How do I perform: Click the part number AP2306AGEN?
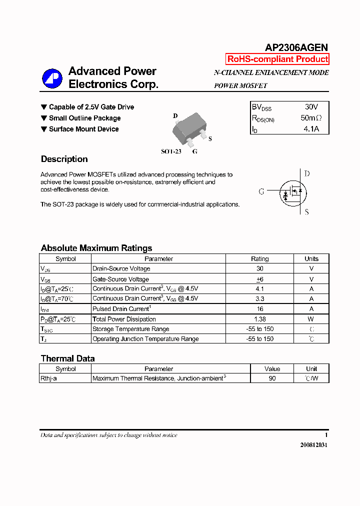click(x=296, y=47)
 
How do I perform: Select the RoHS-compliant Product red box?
click(x=277, y=59)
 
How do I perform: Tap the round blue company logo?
click(x=52, y=78)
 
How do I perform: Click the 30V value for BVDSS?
click(x=311, y=107)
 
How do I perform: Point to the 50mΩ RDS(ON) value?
click(x=311, y=118)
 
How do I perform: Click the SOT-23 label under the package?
click(x=171, y=151)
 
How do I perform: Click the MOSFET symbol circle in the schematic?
click(x=292, y=192)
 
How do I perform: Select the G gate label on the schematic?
click(x=261, y=192)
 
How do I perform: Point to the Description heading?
click(x=64, y=159)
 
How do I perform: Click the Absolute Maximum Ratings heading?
click(x=96, y=248)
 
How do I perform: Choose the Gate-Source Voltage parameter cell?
click(x=120, y=279)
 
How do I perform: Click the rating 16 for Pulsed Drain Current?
click(x=260, y=309)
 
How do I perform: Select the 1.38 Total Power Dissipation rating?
click(x=260, y=319)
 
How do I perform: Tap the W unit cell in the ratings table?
click(x=311, y=319)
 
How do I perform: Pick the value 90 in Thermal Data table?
click(x=272, y=378)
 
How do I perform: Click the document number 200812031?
click(x=314, y=445)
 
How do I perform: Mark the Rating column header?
click(x=260, y=259)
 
